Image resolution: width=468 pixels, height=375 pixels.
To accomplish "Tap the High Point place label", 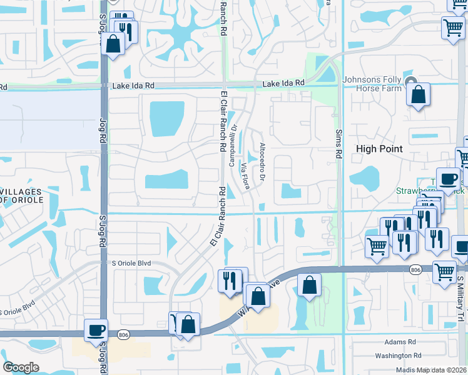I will [x=379, y=149].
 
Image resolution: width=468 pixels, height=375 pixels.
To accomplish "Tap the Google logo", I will [x=21, y=367].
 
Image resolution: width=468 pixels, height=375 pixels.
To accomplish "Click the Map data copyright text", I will [x=431, y=369].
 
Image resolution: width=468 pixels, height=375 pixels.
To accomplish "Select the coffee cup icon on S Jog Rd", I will [x=96, y=329].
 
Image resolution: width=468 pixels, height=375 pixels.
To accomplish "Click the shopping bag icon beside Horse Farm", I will [x=419, y=96].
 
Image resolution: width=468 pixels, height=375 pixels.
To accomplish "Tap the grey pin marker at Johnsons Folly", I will [x=411, y=82].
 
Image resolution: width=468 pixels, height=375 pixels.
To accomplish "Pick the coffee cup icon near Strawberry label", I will [x=448, y=179].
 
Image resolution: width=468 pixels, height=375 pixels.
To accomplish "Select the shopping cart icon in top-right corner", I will [x=452, y=27].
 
